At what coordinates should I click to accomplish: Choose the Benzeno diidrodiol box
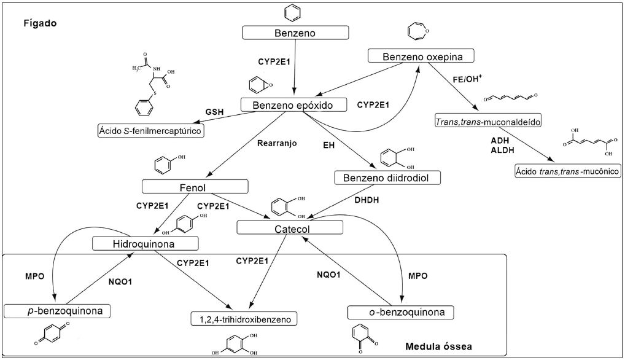[x=379, y=178]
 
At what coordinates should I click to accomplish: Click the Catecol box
[x=289, y=229]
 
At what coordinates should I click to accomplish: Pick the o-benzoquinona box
[x=402, y=313]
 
